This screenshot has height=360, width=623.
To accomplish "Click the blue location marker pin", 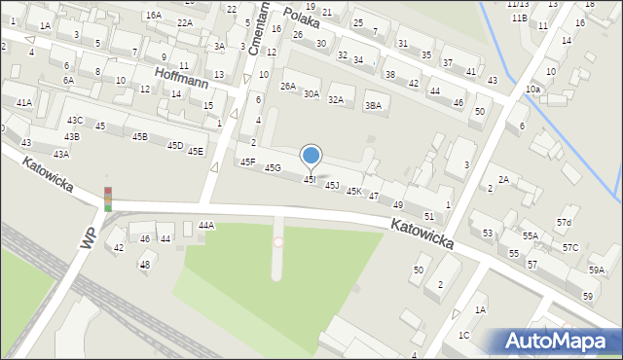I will (x=311, y=157).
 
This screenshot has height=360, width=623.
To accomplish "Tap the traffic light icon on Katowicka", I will (x=108, y=198).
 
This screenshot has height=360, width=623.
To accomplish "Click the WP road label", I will (x=89, y=237).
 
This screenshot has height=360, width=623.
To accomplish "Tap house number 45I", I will (x=310, y=180).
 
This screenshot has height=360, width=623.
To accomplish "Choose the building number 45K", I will (x=354, y=192).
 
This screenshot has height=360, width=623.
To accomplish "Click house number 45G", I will (x=273, y=168).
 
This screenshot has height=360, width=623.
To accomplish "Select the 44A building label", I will (x=205, y=225).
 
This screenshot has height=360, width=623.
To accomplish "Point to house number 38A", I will (x=373, y=106).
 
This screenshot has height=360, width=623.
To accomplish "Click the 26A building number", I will (x=288, y=86).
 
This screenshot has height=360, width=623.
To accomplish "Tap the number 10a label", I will (x=532, y=89).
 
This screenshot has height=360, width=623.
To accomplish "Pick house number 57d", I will (x=564, y=223).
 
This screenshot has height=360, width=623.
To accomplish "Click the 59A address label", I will (x=596, y=270).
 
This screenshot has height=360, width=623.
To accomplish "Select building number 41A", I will (x=23, y=102).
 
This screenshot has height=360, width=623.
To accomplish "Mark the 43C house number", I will (x=74, y=120).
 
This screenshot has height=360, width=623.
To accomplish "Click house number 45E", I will (x=196, y=151).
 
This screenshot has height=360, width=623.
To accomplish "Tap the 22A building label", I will (x=184, y=22).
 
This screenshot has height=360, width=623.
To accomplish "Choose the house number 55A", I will (x=530, y=235).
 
